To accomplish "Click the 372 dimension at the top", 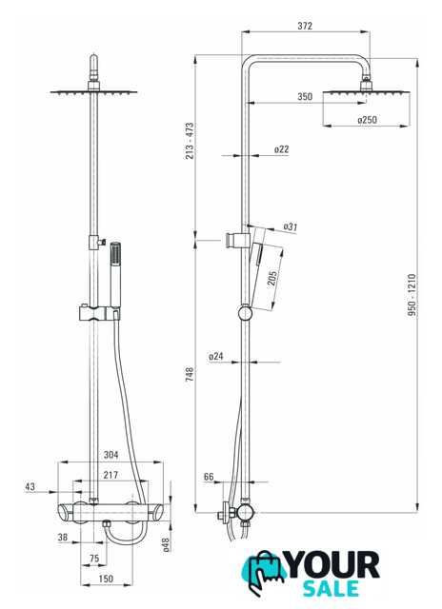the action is click(x=305, y=26).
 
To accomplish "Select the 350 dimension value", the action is click(x=305, y=96).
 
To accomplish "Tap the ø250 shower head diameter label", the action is click(x=367, y=120).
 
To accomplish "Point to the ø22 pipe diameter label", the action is click(x=281, y=149).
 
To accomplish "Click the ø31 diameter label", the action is click(x=290, y=226).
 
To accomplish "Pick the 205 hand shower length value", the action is click(x=272, y=278).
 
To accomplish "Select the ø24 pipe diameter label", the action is click(x=216, y=356).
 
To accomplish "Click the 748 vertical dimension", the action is click(x=190, y=374).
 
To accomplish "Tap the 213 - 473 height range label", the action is click(x=190, y=141).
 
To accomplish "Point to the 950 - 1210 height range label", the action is click(x=412, y=295).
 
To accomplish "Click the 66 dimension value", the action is click(x=209, y=477).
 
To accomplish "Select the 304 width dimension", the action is click(x=110, y=455).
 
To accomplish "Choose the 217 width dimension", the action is click(x=110, y=475).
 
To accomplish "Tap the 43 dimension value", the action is click(x=30, y=486).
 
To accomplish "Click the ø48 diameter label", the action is click(x=166, y=545).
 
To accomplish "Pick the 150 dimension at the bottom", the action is click(x=106, y=579).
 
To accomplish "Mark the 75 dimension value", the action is click(x=94, y=559).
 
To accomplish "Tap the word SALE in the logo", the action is click(x=331, y=588).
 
